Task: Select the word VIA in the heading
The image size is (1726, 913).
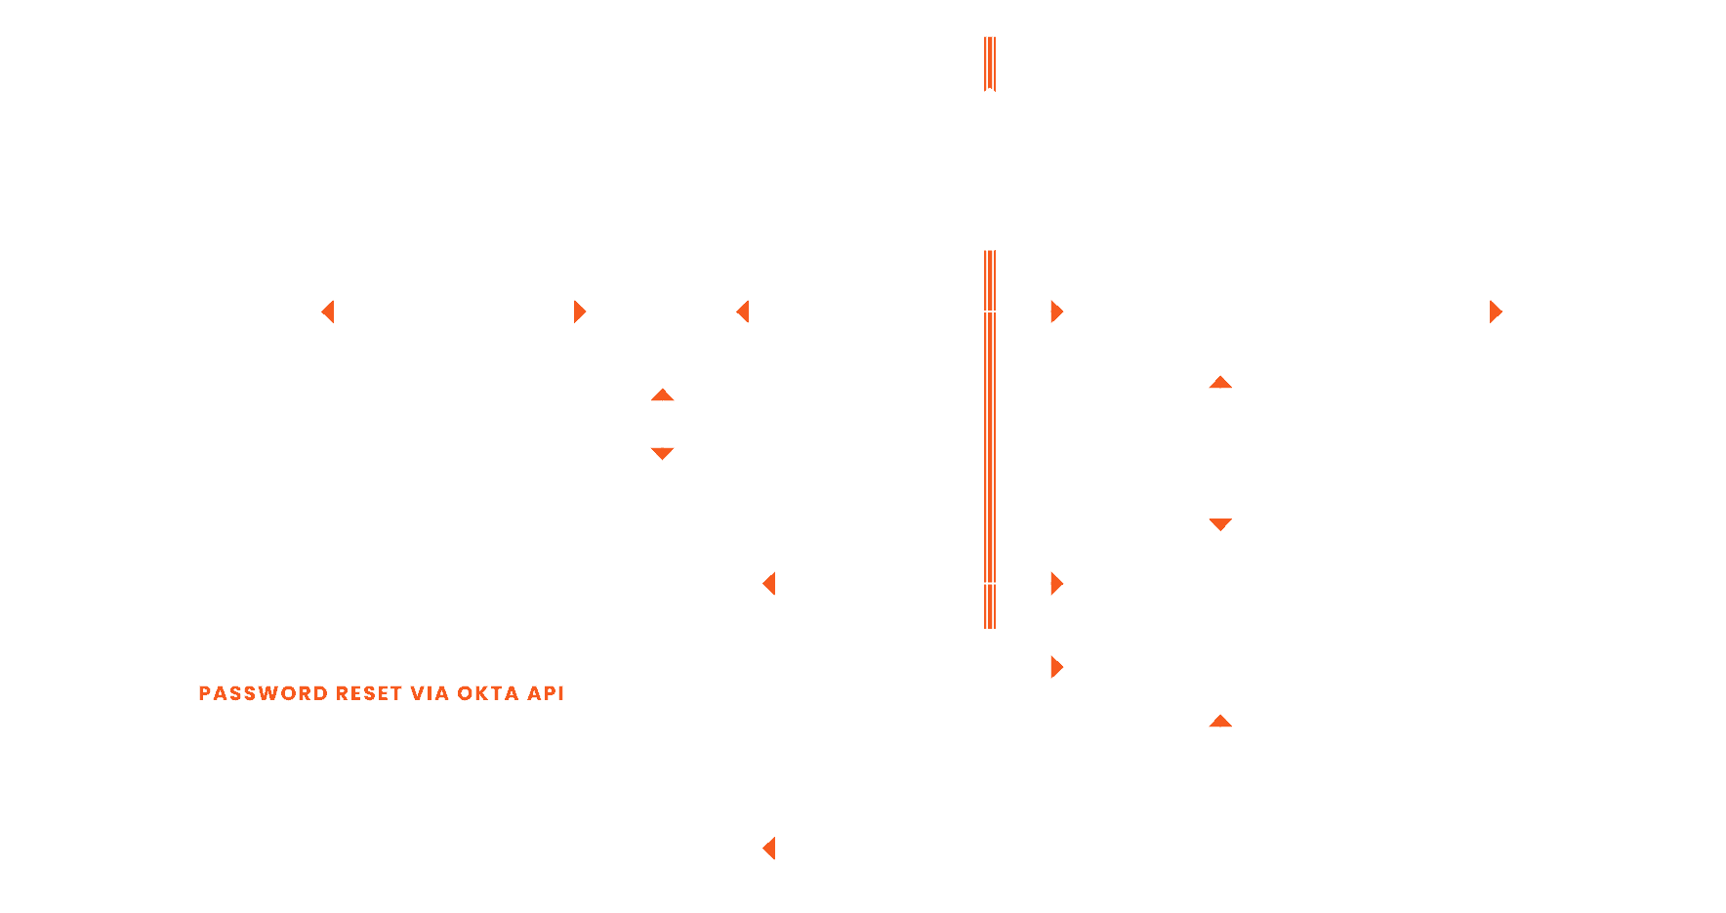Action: [430, 693]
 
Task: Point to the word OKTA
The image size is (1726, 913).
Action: [488, 693]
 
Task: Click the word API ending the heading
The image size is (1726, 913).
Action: [546, 693]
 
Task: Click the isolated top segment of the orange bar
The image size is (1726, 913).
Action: [989, 63]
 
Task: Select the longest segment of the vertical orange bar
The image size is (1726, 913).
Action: [989, 446]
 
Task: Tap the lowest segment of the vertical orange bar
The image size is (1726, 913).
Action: [989, 606]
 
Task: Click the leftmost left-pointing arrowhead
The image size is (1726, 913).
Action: [328, 311]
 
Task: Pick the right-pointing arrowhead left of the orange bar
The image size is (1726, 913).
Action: [580, 311]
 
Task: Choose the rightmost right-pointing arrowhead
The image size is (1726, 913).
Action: [1496, 311]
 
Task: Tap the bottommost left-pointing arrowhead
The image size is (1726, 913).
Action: [769, 848]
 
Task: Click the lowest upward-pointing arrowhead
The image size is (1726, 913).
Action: [1220, 722]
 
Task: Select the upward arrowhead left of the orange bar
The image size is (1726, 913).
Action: [663, 395]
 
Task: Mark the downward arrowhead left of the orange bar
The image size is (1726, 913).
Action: [663, 453]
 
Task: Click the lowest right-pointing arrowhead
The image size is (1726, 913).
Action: [1056, 667]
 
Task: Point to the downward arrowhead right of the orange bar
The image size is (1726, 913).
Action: [1220, 524]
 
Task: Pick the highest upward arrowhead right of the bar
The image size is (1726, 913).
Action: [1220, 383]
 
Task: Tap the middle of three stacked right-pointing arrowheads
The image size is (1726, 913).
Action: [1056, 584]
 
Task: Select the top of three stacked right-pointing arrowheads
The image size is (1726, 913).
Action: [1056, 311]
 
